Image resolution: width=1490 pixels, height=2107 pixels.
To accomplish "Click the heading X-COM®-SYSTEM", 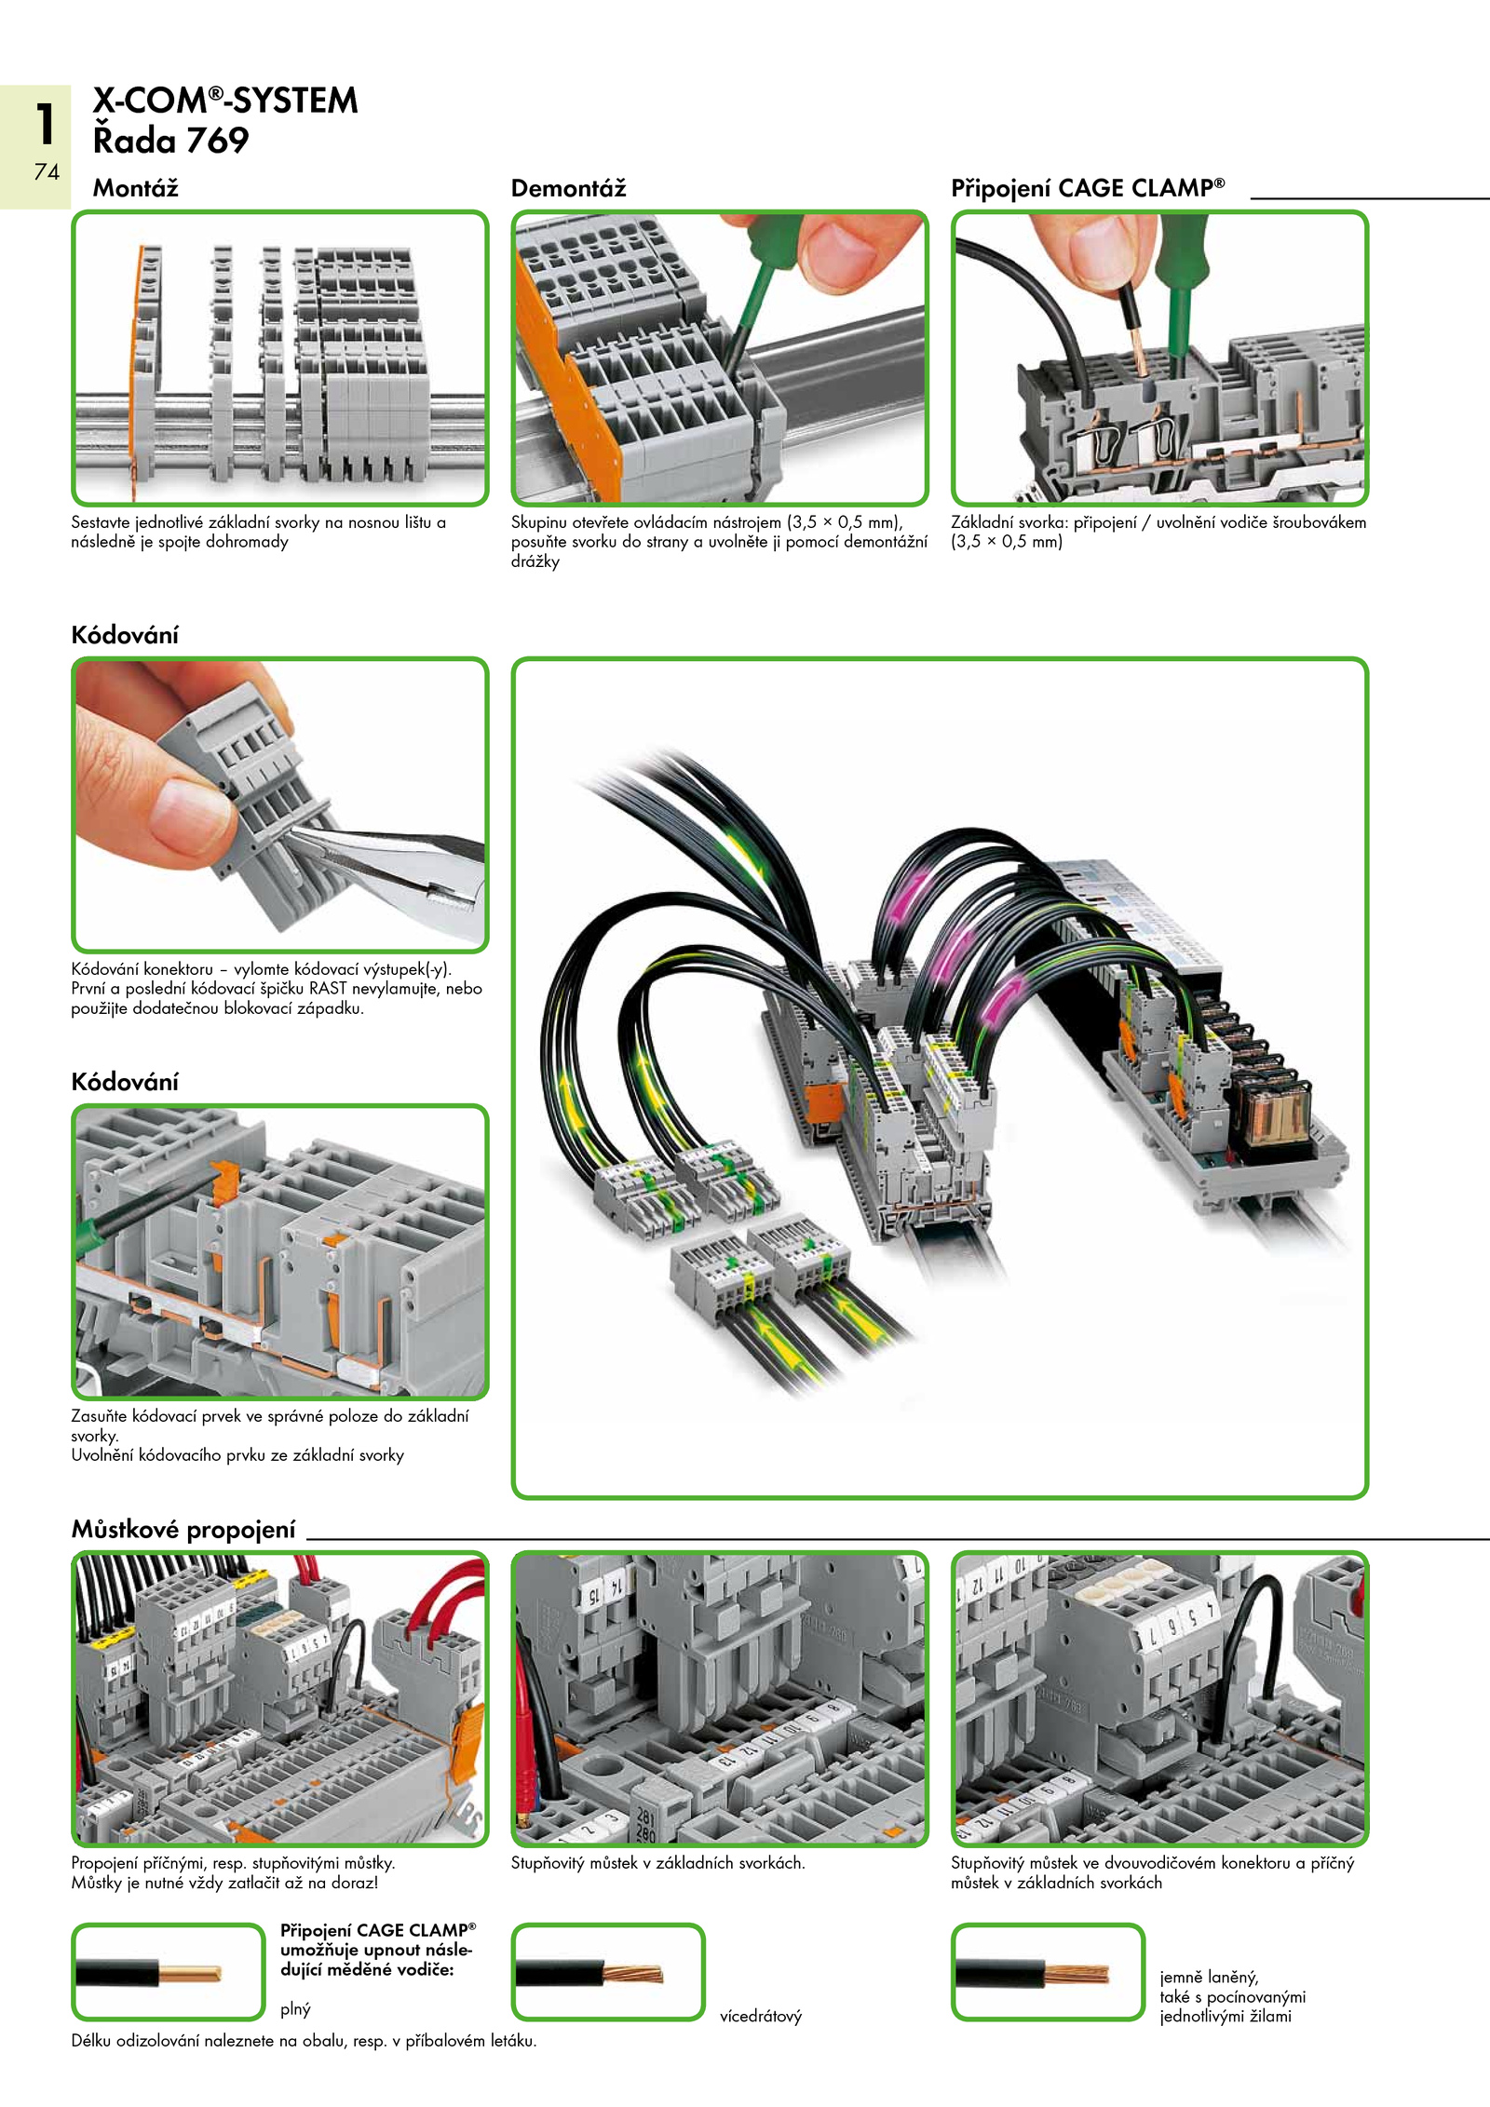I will tap(224, 101).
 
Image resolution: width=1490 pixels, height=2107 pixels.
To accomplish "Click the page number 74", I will tap(47, 171).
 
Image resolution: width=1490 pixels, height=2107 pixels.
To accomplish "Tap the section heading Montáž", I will tap(135, 188).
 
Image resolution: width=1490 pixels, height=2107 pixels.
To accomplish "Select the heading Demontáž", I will tap(568, 188).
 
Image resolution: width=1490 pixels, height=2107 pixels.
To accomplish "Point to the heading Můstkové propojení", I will tap(183, 1529).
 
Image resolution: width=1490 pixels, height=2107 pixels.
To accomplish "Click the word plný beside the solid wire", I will tap(295, 2008).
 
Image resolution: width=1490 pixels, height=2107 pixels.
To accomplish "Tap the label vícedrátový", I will tap(760, 2016).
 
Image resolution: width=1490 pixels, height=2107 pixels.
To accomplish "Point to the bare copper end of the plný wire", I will tap(190, 1973).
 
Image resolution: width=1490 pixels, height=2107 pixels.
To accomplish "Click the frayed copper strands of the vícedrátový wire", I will tap(633, 1973).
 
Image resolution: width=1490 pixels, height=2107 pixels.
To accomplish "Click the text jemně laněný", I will tap(1209, 1977).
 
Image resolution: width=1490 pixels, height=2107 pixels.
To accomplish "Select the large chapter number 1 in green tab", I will tap(45, 124).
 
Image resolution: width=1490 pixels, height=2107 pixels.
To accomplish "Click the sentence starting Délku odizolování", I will tap(304, 2041).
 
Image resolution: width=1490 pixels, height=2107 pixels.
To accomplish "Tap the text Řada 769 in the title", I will tap(170, 141).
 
